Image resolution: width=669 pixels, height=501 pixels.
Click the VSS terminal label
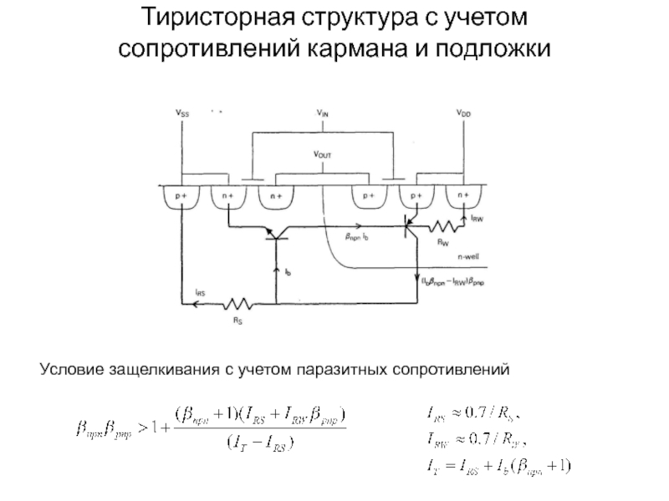coord(181,112)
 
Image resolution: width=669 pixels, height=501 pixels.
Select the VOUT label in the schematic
coord(322,154)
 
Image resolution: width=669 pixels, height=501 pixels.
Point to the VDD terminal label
coord(462,112)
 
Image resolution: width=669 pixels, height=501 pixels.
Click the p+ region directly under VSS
coord(180,197)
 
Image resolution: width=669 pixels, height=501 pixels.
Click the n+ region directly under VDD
coord(465,197)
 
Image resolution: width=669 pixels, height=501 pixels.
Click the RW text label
coord(443,242)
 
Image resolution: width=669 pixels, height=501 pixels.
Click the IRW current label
coord(477,219)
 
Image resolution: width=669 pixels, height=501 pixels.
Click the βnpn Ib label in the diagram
coord(357,237)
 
